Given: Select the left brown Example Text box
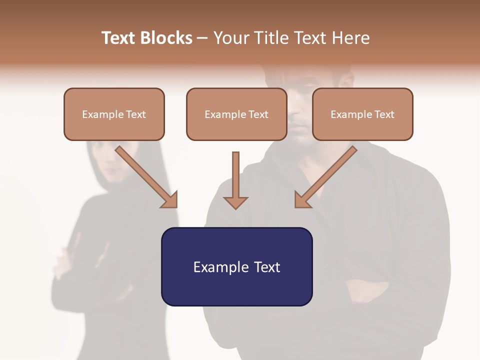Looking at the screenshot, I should click(114, 114).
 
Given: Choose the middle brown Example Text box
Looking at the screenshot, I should click(236, 114).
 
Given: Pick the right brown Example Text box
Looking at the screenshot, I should click(362, 114).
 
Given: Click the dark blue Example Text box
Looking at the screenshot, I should click(236, 266).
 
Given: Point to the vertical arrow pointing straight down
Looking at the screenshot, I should click(235, 177).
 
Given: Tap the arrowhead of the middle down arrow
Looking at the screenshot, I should click(235, 202).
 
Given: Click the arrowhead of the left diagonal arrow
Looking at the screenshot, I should click(169, 200).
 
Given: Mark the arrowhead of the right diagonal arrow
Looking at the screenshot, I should click(302, 200).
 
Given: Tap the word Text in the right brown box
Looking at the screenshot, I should click(384, 114).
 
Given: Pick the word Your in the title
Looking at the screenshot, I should click(230, 38).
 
